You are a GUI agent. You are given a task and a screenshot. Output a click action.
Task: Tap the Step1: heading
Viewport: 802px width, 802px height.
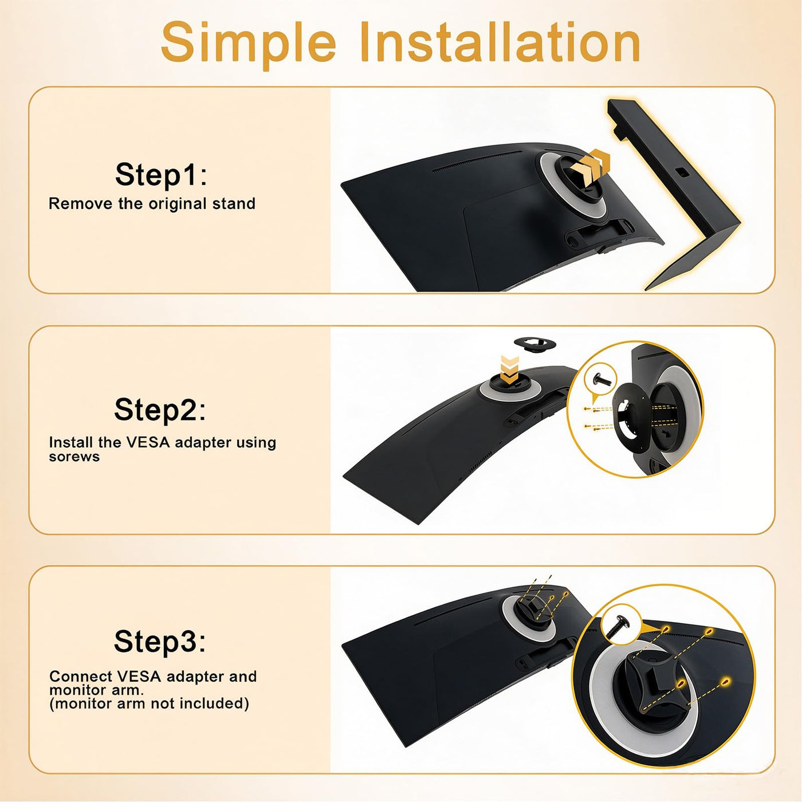coord(160,174)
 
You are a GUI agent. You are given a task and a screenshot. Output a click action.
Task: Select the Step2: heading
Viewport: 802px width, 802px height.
coord(160,410)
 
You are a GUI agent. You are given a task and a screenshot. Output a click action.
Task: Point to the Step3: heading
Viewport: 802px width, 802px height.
coord(160,642)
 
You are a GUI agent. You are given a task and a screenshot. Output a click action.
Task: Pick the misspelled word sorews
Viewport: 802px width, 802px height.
coord(74,457)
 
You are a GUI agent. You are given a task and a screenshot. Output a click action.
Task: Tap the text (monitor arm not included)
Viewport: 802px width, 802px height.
coord(149,704)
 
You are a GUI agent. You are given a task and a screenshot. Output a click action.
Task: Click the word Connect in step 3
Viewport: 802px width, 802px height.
coord(81,677)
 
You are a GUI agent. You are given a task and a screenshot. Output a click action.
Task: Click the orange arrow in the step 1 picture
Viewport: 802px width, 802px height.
coord(591,166)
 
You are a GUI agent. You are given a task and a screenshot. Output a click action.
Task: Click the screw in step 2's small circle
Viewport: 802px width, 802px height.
coord(600,380)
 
